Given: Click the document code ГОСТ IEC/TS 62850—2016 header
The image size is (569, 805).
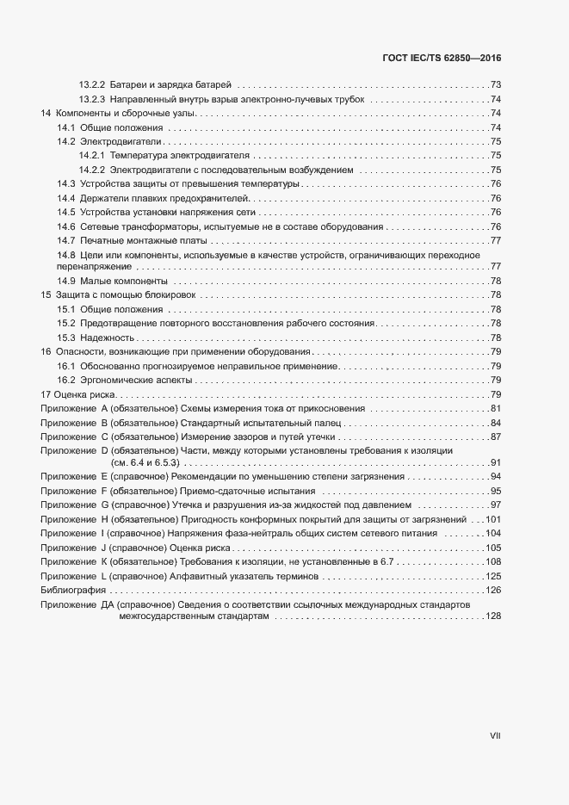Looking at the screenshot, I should pyautogui.click(x=441, y=58).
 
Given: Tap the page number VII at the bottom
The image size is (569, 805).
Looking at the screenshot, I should pyautogui.click(x=495, y=736).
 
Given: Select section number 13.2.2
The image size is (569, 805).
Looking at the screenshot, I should pyautogui.click(x=91, y=84).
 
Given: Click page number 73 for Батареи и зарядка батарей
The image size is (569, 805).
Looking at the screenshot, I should pyautogui.click(x=496, y=84).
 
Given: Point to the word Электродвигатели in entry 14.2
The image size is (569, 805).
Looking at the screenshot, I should pyautogui.click(x=121, y=141).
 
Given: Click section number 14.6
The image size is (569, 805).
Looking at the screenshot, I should pyautogui.click(x=65, y=226).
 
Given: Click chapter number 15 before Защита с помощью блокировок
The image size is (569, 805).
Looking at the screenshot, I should pyautogui.click(x=46, y=294).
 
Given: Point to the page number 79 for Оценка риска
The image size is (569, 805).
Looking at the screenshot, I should pyautogui.click(x=496, y=394).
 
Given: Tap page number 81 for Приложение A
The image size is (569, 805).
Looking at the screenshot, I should pyautogui.click(x=496, y=408).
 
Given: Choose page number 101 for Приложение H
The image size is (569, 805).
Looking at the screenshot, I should pyautogui.click(x=493, y=519).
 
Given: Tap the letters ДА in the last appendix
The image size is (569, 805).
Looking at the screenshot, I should pyautogui.click(x=107, y=605).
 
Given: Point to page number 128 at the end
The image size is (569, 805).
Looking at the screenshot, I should pyautogui.click(x=493, y=616).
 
